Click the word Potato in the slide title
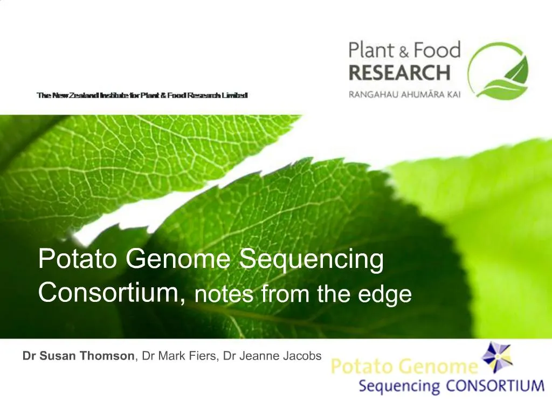[79, 259]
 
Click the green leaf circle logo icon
[498, 71]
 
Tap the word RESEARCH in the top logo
[399, 72]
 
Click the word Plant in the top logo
[372, 51]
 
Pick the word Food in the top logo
[436, 51]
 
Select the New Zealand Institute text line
[142, 95]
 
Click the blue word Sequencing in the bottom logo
[399, 387]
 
